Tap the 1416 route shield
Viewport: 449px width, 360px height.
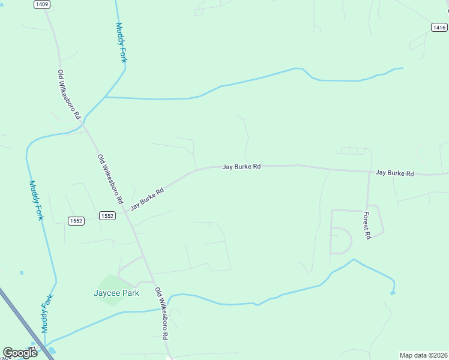click(x=439, y=26)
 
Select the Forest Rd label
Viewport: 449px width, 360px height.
click(x=367, y=226)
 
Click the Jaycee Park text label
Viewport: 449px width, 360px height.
click(x=116, y=293)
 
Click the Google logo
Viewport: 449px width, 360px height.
click(x=20, y=353)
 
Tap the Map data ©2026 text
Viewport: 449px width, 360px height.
click(x=423, y=355)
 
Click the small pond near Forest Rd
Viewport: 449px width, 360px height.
click(x=393, y=293)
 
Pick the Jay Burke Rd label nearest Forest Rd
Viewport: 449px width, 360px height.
click(x=394, y=173)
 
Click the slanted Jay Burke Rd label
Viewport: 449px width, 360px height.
click(x=147, y=200)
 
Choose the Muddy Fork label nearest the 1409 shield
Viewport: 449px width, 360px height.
click(x=121, y=42)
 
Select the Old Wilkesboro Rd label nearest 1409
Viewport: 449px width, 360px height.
click(x=69, y=94)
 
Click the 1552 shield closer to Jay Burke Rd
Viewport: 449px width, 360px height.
click(x=107, y=215)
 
